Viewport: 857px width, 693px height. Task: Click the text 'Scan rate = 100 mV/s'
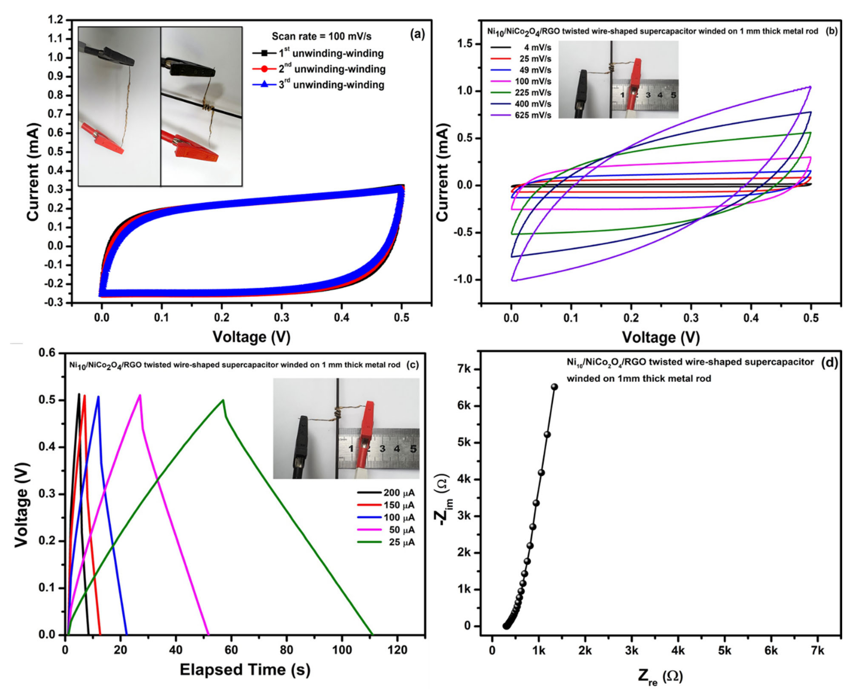tap(322, 36)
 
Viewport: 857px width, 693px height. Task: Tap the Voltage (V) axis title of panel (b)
tap(660, 337)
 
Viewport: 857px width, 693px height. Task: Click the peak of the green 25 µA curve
tap(223, 400)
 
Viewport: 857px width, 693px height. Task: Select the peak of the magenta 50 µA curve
tap(140, 395)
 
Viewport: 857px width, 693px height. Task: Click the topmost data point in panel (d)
tap(554, 386)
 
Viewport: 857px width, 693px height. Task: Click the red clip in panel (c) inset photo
tap(366, 433)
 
